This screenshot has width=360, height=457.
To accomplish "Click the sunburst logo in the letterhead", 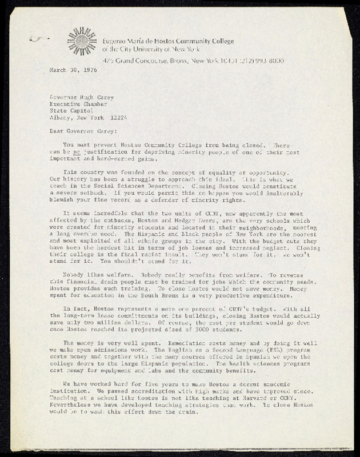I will point(82,41).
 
